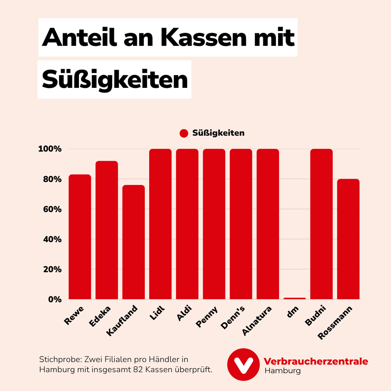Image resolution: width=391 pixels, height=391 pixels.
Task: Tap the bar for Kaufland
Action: (x=133, y=242)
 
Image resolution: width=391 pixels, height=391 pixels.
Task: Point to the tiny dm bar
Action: (x=294, y=298)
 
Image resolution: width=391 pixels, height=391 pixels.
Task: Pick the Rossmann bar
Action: (x=348, y=239)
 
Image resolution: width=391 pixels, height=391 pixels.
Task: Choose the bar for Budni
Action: (x=321, y=224)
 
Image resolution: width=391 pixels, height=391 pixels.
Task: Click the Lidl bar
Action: (x=160, y=224)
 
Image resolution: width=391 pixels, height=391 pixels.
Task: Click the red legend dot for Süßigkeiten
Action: (x=184, y=133)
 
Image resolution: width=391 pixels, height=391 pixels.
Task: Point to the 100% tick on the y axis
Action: (x=50, y=149)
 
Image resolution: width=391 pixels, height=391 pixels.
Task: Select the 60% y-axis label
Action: (x=52, y=210)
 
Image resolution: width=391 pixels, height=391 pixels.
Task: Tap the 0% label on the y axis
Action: (x=55, y=299)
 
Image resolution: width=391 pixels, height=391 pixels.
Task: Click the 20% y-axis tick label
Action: (x=52, y=269)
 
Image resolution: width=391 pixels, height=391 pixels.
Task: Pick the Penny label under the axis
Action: (x=207, y=317)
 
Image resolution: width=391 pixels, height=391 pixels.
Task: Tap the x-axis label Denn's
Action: (x=233, y=317)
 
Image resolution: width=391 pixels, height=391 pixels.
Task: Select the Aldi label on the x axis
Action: (x=184, y=313)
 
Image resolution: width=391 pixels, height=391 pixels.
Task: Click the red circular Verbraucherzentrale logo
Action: (x=243, y=364)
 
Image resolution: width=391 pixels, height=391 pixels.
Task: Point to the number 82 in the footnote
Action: (x=138, y=370)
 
